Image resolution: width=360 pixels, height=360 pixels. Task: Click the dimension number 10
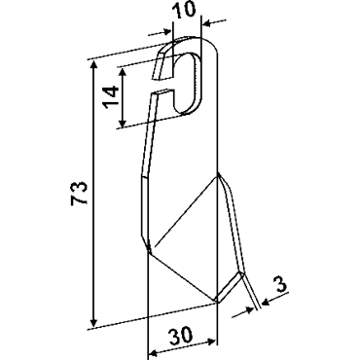[x=184, y=9]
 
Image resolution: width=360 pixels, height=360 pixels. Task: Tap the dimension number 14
[x=110, y=97]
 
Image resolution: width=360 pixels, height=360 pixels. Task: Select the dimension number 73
[x=80, y=193]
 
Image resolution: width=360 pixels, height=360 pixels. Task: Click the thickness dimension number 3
[x=281, y=284]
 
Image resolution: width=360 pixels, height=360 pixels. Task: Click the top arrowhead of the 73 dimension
[x=93, y=65]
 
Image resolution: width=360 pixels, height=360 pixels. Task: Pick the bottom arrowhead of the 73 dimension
[x=93, y=322]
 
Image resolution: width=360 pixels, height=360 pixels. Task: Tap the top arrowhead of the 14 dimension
[x=123, y=71]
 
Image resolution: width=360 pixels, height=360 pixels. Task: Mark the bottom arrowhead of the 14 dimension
[x=123, y=123]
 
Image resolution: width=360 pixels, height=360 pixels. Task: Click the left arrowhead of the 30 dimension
[x=153, y=352]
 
